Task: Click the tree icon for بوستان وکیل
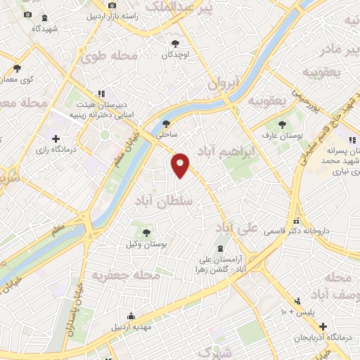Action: [146, 231]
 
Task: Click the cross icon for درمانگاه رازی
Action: [56, 139]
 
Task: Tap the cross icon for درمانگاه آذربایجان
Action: [322, 327]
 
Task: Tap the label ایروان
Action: [225, 83]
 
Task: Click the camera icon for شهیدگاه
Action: [28, 15]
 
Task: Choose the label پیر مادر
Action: [339, 50]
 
